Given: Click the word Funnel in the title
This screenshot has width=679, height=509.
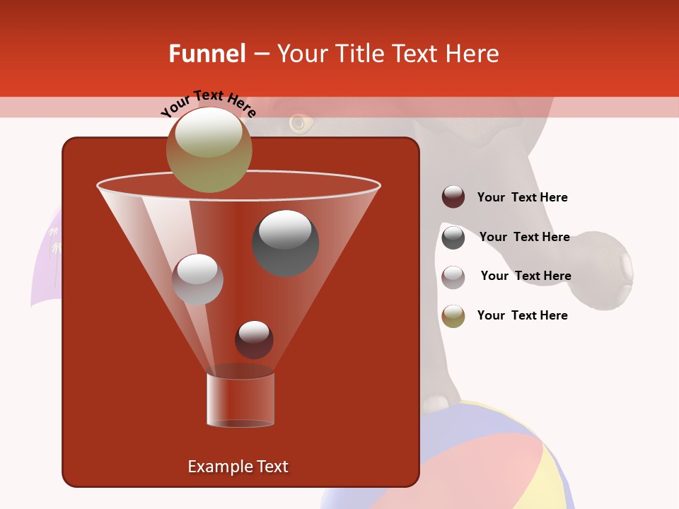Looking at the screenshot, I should coord(207,54).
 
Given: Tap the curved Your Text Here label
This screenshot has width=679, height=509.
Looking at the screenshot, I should coord(208,103).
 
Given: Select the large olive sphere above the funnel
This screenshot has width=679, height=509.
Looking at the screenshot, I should coord(209,150).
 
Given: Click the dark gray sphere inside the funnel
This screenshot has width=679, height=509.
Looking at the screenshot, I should coord(286,243).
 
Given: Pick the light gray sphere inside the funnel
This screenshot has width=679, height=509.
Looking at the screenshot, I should coord(197,279).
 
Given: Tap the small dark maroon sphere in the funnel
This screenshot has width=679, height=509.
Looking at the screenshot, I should coord(254,339).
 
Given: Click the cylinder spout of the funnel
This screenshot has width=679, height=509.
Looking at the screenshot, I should coord(240,399).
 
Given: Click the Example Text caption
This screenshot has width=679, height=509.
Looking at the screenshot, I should coord(238,467).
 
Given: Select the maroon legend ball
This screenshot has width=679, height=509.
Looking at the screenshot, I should coord(453,197).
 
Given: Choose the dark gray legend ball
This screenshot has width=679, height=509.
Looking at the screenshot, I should coord(453,238).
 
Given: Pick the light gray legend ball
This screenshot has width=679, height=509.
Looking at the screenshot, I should coord(453,276).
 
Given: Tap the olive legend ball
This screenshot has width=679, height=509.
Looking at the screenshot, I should coord(453,316).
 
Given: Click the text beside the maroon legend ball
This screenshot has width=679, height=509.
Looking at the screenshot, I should coord(522,197).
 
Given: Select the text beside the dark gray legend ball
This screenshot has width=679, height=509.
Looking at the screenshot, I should coord(524,237).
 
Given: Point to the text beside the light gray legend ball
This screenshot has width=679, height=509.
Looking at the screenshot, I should coord(526,276).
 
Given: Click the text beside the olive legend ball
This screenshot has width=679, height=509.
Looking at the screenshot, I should coord(522,315).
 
